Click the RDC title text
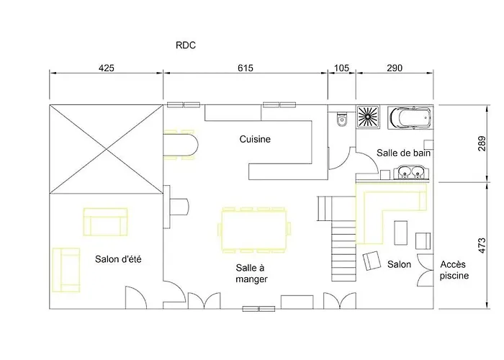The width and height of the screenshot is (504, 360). pyautogui.click(x=186, y=45)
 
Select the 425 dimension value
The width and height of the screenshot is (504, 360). pyautogui.click(x=106, y=68)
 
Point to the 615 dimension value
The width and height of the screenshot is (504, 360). pyautogui.click(x=246, y=68)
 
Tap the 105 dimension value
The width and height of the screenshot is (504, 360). pyautogui.click(x=342, y=68)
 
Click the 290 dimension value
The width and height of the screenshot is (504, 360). pyautogui.click(x=394, y=68)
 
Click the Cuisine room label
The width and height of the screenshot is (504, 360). pyautogui.click(x=255, y=139)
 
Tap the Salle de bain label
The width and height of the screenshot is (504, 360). pyautogui.click(x=404, y=153)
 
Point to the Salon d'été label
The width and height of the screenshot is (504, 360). pyautogui.click(x=117, y=259)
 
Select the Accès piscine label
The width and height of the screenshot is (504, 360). pyautogui.click(x=455, y=270)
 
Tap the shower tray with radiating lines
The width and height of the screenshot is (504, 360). pyautogui.click(x=369, y=117)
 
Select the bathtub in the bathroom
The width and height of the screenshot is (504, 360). pyautogui.click(x=409, y=117)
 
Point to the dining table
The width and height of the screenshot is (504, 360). pyautogui.click(x=253, y=229)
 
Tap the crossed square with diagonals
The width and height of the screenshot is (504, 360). pyautogui.click(x=106, y=149)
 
